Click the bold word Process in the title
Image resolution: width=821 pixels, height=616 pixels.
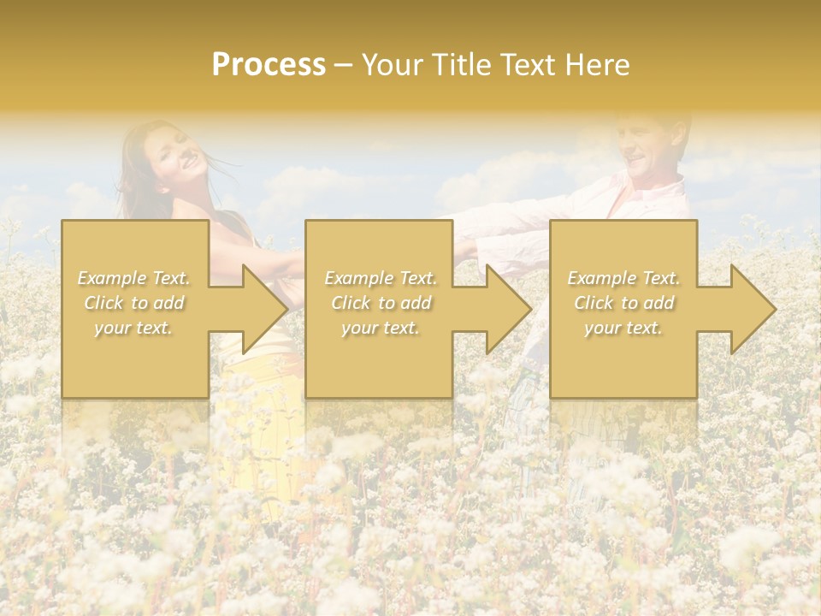point(269,65)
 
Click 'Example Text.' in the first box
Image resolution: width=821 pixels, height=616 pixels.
point(134,278)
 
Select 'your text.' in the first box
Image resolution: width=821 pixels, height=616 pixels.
point(134,328)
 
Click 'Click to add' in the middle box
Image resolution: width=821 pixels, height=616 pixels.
point(381,303)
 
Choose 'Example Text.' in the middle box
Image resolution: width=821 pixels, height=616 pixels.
point(381,278)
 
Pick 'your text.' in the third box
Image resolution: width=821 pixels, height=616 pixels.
point(623,328)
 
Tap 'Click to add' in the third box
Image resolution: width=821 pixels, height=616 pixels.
point(623,303)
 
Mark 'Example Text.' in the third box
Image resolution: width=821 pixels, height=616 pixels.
point(623,278)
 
